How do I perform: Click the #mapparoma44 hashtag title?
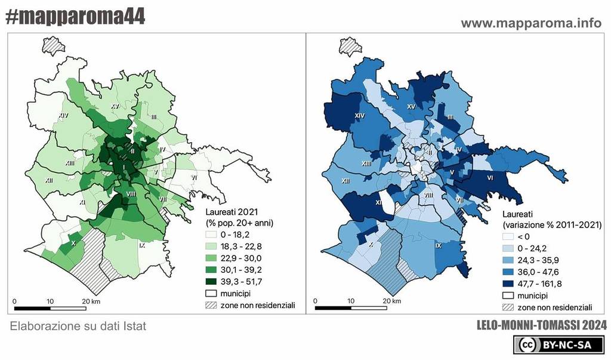(75, 17)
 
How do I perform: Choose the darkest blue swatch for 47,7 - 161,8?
(508, 284)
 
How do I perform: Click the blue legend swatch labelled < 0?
(508, 238)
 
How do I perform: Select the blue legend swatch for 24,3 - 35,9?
(508, 261)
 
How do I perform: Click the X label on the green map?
(73, 243)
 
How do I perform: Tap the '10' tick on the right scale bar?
(351, 301)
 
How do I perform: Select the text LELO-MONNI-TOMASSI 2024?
(542, 326)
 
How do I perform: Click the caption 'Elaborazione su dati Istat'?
(78, 327)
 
